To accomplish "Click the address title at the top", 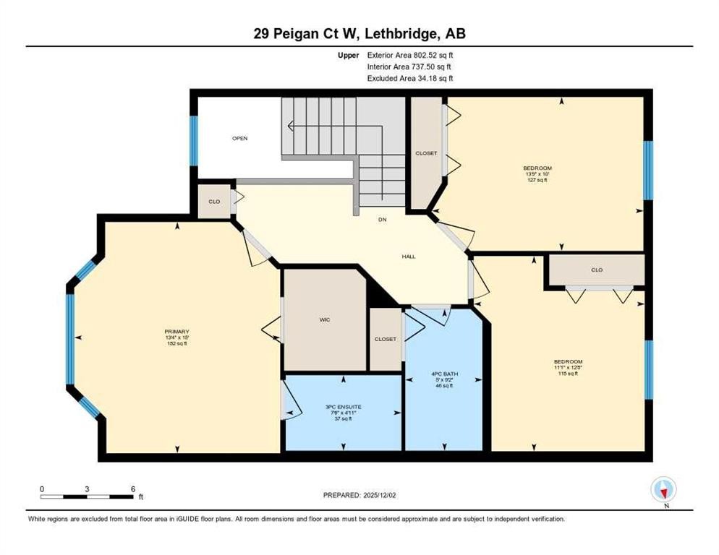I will pos(359,34).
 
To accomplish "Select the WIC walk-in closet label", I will pos(325,319).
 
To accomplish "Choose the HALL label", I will pos(409,257).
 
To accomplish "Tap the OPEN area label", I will pos(240,138).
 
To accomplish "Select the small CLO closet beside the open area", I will pos(214,201).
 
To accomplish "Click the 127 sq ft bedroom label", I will pos(537,174).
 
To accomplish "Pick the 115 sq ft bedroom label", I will pos(568,367).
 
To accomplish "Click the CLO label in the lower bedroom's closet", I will pos(596,270).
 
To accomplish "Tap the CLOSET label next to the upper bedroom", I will pos(426,153).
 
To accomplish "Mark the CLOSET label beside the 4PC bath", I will pos(385,339).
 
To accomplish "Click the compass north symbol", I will pos(663,491).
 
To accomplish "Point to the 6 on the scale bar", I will pos(132,489).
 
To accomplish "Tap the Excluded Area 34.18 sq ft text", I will pos(410,78).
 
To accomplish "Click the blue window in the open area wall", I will pos(193,140).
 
